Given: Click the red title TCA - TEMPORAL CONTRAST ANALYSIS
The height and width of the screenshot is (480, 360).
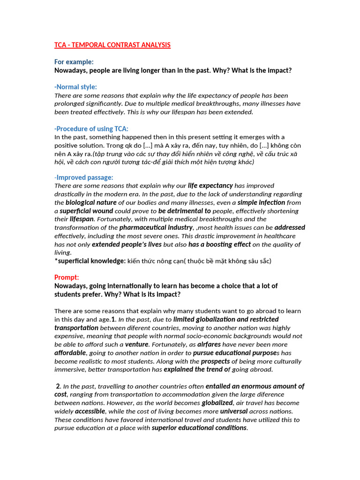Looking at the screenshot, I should pos(112,45).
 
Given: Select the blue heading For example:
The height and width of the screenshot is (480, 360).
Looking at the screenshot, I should pos(74,62).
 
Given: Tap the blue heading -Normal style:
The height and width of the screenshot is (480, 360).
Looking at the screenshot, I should pos(76,87).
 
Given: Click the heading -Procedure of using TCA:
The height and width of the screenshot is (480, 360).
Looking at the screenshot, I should pos(91,128).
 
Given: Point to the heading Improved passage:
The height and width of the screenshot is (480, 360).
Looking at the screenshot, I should pos(85,177).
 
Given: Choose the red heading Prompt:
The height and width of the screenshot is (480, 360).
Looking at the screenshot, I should pos(67,277).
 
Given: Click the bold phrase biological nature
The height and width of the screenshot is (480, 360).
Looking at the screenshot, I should pos(91,202).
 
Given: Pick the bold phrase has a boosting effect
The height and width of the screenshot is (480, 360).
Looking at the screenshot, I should pos(219,244).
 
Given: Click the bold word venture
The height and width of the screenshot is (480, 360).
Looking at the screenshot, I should pos(137,344).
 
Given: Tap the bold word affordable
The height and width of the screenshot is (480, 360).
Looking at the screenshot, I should pos(70,352).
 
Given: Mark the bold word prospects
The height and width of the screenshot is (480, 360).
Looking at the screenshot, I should pos(215,361).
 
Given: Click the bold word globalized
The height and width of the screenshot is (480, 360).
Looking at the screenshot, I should pos(217,403).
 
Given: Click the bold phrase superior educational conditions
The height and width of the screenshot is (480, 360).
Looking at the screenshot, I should pos(199,427).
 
